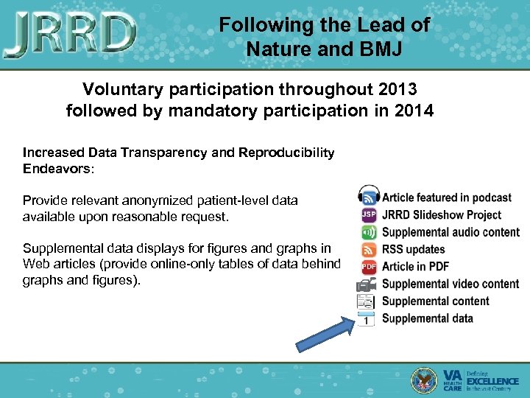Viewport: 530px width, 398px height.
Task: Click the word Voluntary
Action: (122, 90)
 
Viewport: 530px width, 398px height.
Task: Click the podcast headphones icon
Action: (368, 197)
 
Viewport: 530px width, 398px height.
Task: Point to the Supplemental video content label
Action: (450, 284)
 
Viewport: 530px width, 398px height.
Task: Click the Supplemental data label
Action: (427, 318)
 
